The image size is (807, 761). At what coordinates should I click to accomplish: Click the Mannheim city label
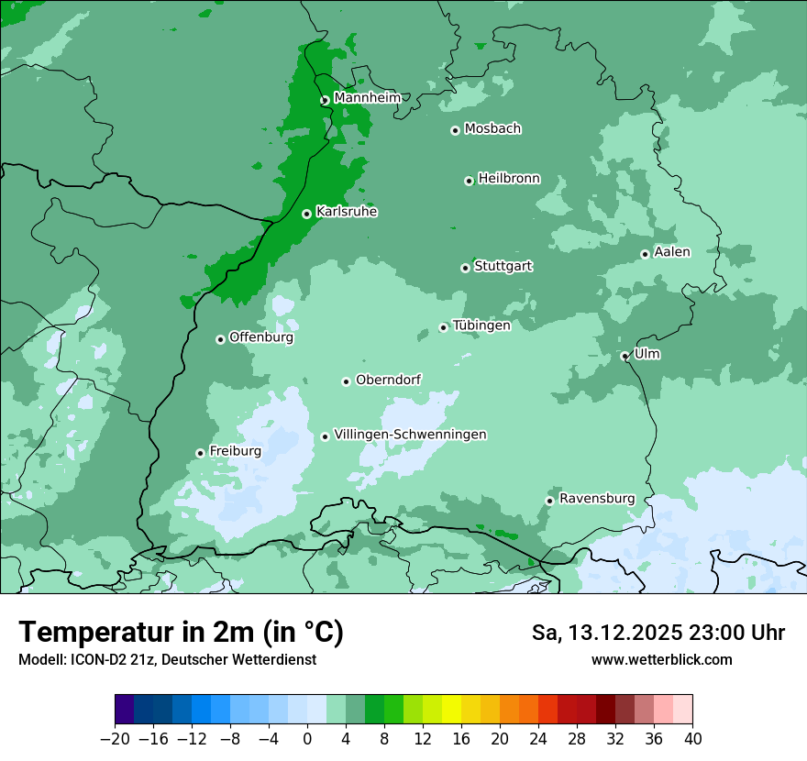click(367, 98)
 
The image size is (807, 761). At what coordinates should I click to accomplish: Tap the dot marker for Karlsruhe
click(307, 214)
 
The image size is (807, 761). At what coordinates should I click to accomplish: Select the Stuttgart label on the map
click(503, 267)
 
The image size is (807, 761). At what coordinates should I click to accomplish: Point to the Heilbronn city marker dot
click(469, 181)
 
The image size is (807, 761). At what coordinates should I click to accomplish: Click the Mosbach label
click(492, 129)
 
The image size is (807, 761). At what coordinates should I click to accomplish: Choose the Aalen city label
click(672, 252)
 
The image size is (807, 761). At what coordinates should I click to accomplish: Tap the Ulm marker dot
click(625, 356)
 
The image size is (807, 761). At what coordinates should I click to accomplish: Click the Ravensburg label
click(597, 499)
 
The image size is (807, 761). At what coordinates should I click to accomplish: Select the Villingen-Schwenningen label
click(410, 435)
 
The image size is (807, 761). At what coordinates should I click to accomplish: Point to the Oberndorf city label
click(389, 380)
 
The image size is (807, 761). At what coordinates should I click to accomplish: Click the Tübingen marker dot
click(443, 327)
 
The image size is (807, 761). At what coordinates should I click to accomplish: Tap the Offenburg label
click(261, 337)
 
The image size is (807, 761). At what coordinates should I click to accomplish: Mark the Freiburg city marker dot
click(200, 453)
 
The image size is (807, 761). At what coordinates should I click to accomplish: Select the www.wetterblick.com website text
click(661, 660)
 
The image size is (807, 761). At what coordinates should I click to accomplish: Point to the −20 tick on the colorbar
click(116, 739)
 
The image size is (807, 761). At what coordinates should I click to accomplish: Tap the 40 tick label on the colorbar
click(692, 739)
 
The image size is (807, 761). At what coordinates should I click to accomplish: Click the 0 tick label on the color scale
click(307, 739)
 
